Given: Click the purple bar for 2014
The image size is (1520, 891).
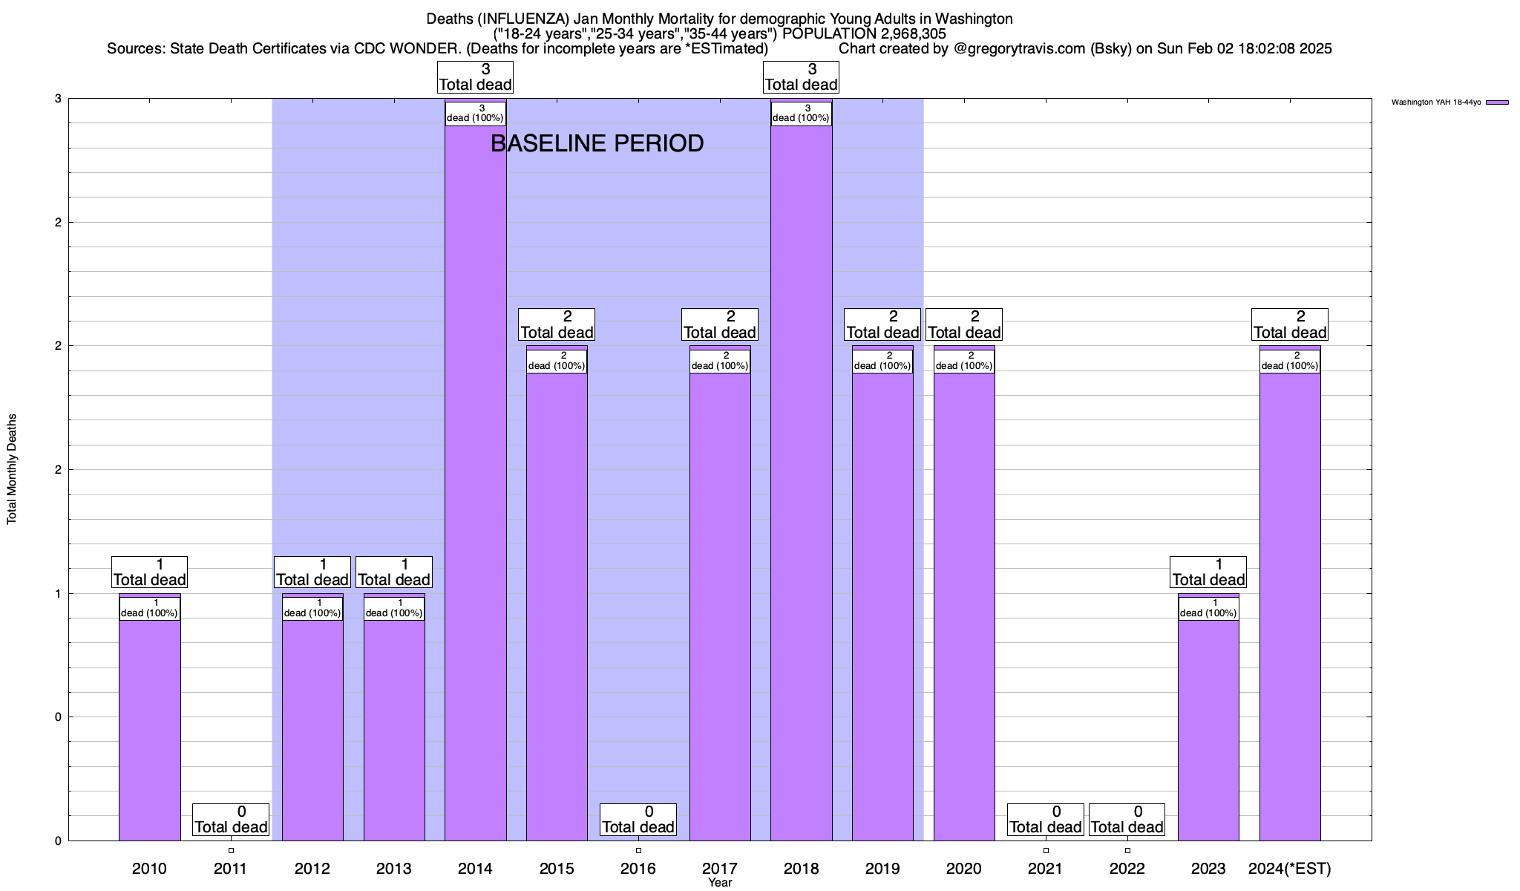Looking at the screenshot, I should point(475,483).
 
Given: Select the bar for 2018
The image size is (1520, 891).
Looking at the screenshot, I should point(801,483).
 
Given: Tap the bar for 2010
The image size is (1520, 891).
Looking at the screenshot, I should point(149,728).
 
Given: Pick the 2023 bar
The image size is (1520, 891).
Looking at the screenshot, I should point(1208,728).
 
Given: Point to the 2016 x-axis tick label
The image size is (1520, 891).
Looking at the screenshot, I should point(638,869).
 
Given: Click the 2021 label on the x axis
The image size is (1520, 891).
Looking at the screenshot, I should point(1046,869).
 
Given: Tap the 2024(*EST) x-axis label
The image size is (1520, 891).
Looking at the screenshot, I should point(1290,869).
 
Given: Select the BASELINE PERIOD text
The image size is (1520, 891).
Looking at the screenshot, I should point(597,143).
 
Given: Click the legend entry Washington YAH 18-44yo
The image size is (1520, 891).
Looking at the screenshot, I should point(1436,102).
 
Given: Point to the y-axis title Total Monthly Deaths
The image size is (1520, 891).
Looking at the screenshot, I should point(12,469).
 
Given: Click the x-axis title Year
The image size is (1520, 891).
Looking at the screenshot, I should point(720,883).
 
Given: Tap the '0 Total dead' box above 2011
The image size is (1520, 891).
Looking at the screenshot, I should point(231,820).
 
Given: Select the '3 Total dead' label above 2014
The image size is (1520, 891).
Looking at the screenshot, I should point(476,77).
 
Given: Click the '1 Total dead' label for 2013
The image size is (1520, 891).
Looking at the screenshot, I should point(394,572).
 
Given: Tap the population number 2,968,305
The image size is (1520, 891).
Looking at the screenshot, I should point(902,33).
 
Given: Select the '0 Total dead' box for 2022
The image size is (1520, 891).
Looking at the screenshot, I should point(1127,820).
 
